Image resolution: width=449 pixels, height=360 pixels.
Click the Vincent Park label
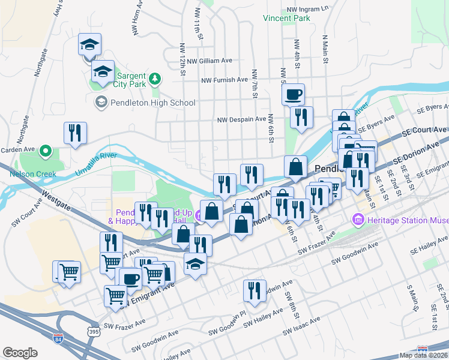pyautogui.click(x=286, y=19)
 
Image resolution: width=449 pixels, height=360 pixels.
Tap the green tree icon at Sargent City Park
pyautogui.click(x=155, y=79)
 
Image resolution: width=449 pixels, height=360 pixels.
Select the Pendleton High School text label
pyautogui.click(x=153, y=103)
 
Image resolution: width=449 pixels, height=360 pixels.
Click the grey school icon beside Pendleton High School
pyautogui.click(x=101, y=103)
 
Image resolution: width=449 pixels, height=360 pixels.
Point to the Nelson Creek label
pyautogui.click(x=32, y=175)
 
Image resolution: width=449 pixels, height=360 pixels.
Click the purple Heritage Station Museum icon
pyautogui.click(x=358, y=220)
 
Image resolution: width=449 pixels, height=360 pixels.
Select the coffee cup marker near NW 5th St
pyautogui.click(x=294, y=94)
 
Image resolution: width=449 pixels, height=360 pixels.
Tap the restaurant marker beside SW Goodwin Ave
pyautogui.click(x=255, y=290)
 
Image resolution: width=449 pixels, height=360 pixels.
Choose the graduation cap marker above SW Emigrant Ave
pyautogui.click(x=195, y=264)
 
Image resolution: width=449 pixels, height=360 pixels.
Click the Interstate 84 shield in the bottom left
pyautogui.click(x=58, y=338)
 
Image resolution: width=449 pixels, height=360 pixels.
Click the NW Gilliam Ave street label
pyautogui.click(x=209, y=61)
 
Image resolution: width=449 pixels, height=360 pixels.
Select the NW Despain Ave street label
pyautogui.click(x=242, y=119)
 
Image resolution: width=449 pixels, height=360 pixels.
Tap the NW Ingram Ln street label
pyautogui.click(x=308, y=9)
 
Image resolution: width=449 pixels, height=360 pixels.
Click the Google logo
pyautogui.click(x=20, y=352)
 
